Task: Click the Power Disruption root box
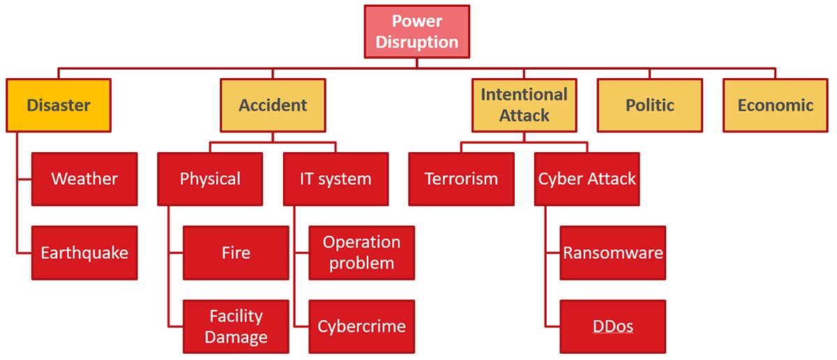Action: coord(417,31)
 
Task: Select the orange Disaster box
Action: coord(59,105)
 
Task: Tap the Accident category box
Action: coord(273,105)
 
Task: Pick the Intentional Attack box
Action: coord(524,105)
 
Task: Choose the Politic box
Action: coord(649,105)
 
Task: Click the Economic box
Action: coord(775,105)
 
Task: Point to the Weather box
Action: coord(84,179)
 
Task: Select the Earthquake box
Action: coord(84,253)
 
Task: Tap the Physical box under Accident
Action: coord(210,179)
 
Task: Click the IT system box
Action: coord(335,179)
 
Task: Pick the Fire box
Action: coord(236,253)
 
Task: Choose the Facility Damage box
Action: coord(236,327)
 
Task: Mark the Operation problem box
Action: coord(361,253)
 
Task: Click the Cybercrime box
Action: coord(361,327)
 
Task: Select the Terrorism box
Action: coord(461,179)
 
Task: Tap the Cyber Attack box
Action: coord(587,179)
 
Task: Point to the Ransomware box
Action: coord(612,253)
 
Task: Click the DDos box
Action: coord(612,327)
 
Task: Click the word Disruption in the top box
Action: coord(417,42)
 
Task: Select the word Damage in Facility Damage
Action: coord(236,338)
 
